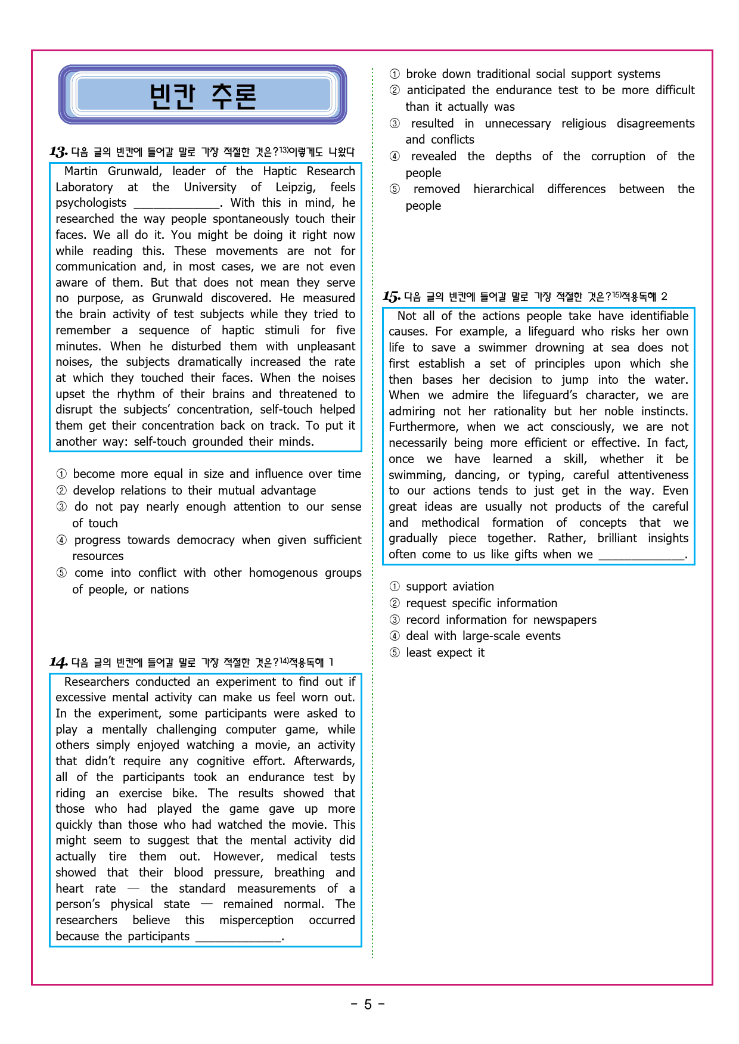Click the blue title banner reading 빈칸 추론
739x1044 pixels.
pos(203,95)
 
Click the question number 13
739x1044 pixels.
pos(58,152)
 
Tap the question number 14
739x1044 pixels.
pos(58,662)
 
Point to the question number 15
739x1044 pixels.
pos(391,296)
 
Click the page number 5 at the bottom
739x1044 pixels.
pos(368,1005)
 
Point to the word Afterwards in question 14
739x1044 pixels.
pos(324,761)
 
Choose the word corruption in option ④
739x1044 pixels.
pos(618,156)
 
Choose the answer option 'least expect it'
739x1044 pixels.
pos(445,652)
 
